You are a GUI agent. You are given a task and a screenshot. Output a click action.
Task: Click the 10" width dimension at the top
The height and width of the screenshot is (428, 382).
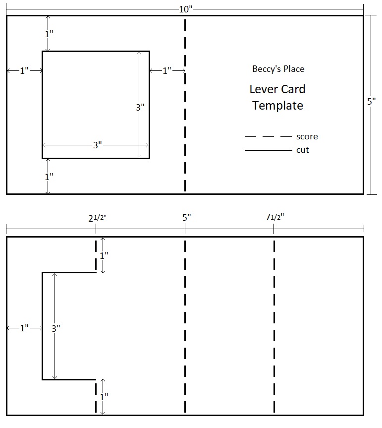point(185,9)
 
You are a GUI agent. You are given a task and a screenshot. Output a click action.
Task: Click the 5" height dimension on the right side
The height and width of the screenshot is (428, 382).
point(372,102)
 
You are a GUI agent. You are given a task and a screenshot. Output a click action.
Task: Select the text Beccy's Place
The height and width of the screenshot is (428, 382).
point(278,69)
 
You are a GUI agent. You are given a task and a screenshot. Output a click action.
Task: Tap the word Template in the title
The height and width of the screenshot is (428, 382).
point(277,106)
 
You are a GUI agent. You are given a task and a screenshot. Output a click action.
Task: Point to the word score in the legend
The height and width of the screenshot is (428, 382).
point(307,136)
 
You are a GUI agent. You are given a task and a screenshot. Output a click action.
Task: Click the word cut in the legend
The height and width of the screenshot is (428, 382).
point(302,150)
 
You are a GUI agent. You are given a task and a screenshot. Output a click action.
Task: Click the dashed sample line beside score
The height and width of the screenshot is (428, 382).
point(268,136)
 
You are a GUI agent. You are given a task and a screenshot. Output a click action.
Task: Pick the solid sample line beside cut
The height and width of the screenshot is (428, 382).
point(268,150)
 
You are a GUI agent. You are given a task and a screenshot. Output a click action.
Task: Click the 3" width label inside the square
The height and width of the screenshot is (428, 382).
point(97,145)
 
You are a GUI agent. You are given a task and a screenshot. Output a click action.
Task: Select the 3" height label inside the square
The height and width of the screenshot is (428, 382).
point(140,107)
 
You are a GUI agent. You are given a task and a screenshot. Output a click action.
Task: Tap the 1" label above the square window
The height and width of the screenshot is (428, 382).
point(49,34)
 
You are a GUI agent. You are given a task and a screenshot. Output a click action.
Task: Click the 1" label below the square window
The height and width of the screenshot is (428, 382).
point(49,176)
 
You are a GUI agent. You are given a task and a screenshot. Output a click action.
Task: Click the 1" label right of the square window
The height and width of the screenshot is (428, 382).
point(167,71)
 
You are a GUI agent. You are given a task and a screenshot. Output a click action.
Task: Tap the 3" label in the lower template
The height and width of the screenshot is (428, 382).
point(55,328)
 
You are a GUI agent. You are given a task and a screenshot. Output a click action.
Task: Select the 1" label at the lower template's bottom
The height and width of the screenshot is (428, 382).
point(103,397)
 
